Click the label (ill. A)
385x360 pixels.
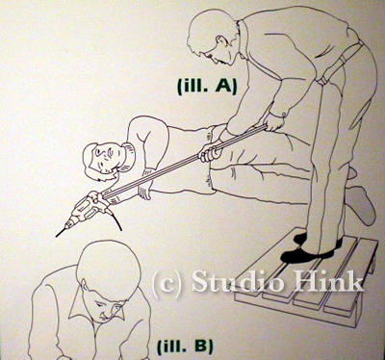(x=207, y=86)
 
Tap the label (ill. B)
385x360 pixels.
(x=185, y=346)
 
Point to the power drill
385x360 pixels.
(x=84, y=211)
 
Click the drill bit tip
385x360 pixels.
(x=56, y=237)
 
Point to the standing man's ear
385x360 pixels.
(x=221, y=41)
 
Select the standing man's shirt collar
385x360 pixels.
(x=243, y=37)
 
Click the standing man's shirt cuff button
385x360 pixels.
(x=284, y=115)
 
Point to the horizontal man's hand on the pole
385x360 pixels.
(x=210, y=153)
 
